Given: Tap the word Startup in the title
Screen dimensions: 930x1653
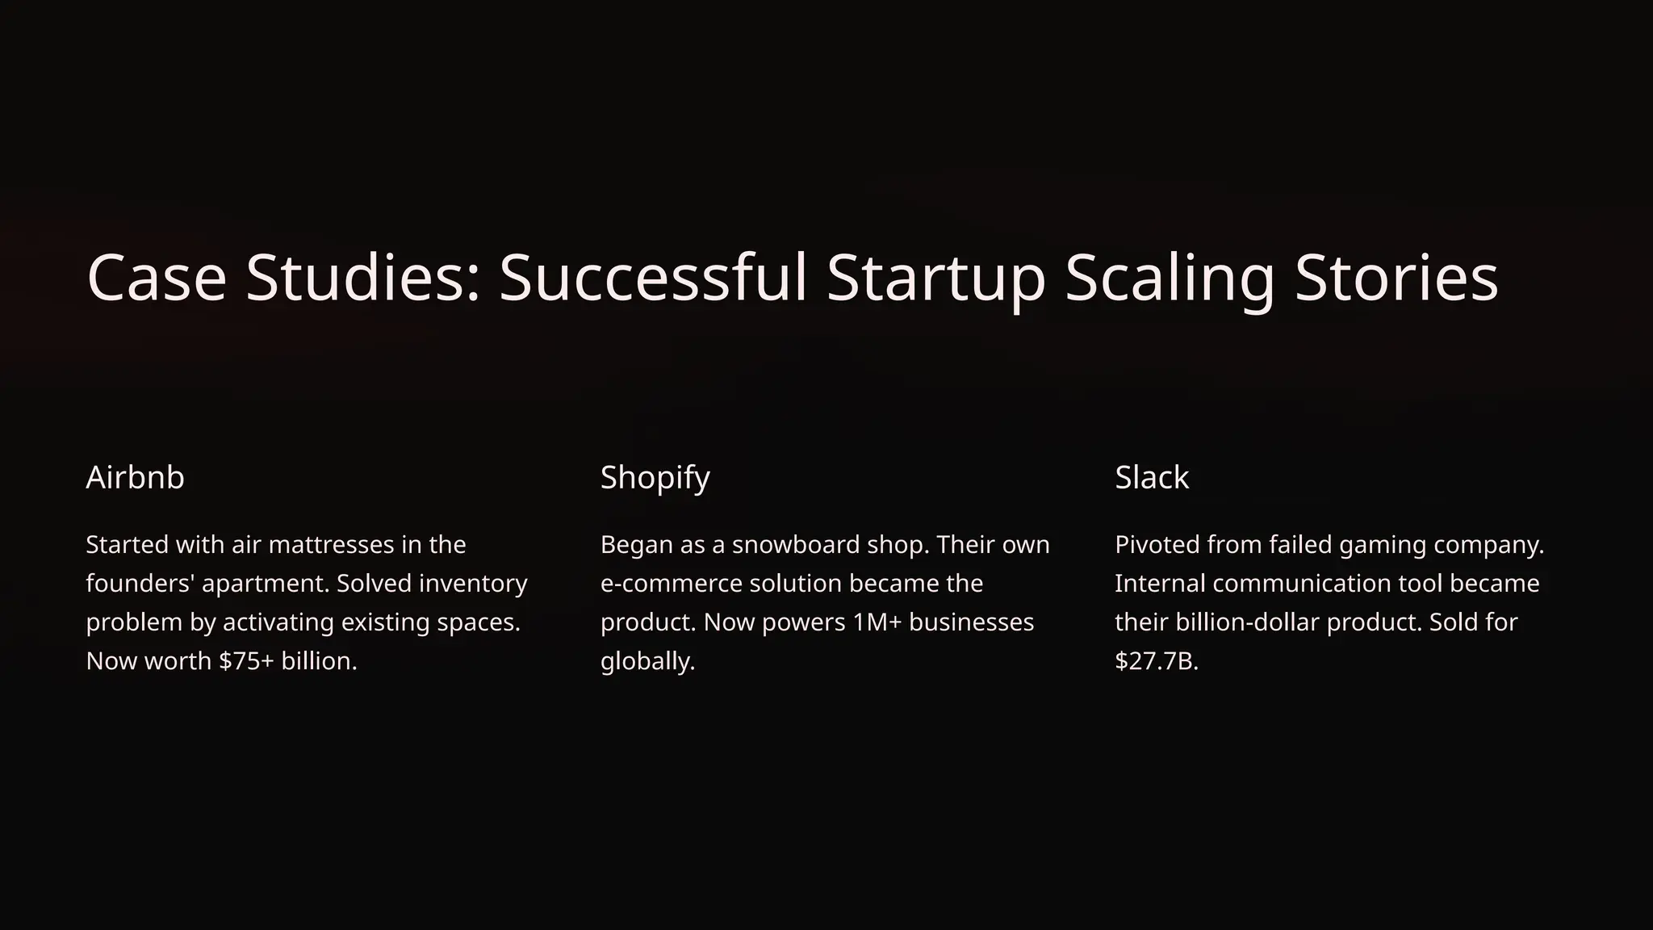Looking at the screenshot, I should point(935,278).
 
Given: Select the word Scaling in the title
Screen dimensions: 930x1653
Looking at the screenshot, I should point(1170,278).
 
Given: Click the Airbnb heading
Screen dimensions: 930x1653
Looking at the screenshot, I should point(135,477).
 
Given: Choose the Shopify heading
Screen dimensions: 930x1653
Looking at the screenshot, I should point(655,477).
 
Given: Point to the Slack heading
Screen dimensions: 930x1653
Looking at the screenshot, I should point(1151,477).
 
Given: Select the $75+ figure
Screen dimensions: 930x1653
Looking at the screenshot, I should point(246,661).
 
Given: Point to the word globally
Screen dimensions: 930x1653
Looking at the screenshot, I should point(647,661).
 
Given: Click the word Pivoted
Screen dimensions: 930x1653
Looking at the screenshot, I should point(1157,545).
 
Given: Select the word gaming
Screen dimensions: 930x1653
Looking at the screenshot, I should point(1382,545).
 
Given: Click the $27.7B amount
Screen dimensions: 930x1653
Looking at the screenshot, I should point(1156,661).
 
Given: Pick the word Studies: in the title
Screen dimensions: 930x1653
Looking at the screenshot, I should point(363,278).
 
